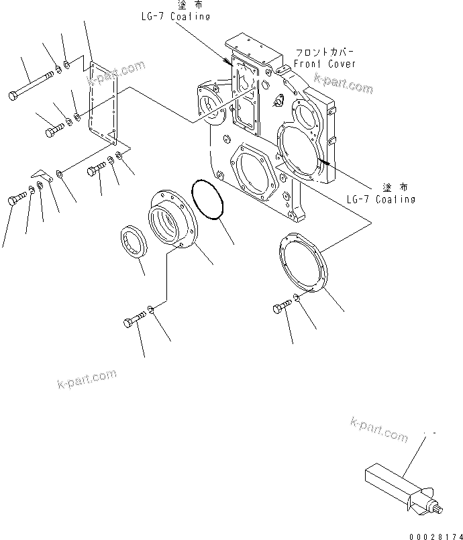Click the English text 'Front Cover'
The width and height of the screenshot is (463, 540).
(x=325, y=64)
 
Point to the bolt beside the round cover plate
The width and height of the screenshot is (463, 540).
(x=282, y=307)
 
